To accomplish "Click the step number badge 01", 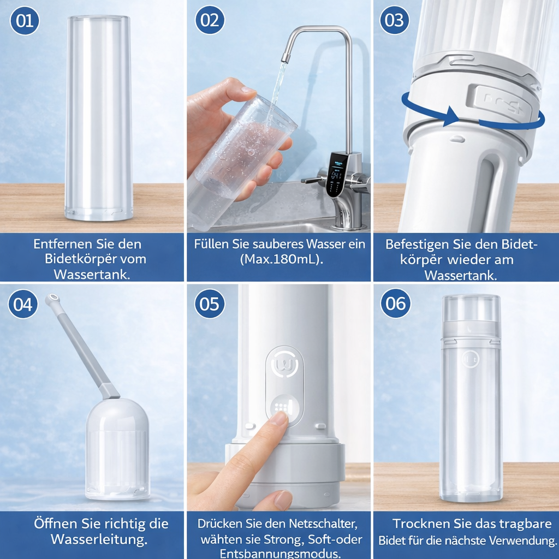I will point(25,21).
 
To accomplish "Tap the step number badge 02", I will point(210,20).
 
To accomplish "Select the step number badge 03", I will point(395,20).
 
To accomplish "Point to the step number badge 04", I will point(23,304).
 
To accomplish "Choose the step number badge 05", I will point(210,304).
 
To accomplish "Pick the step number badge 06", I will point(395,304).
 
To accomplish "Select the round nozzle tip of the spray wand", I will point(52,299).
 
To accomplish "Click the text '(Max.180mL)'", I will point(282,259).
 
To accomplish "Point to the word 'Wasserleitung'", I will point(99,540).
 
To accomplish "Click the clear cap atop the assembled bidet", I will point(471,308).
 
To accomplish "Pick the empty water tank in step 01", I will point(99,117).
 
